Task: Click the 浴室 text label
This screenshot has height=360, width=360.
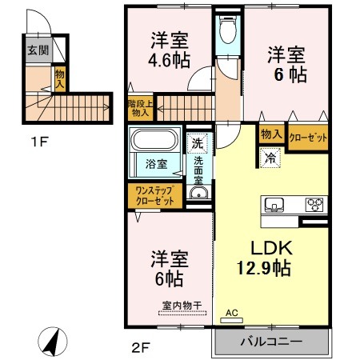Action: (156, 165)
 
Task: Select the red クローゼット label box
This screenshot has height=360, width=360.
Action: (307, 137)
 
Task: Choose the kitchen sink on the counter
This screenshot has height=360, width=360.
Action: (274, 205)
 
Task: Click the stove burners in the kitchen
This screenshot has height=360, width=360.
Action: (314, 205)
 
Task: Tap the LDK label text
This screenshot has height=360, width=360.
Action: (269, 248)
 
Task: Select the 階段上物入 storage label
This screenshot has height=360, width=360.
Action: (140, 107)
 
